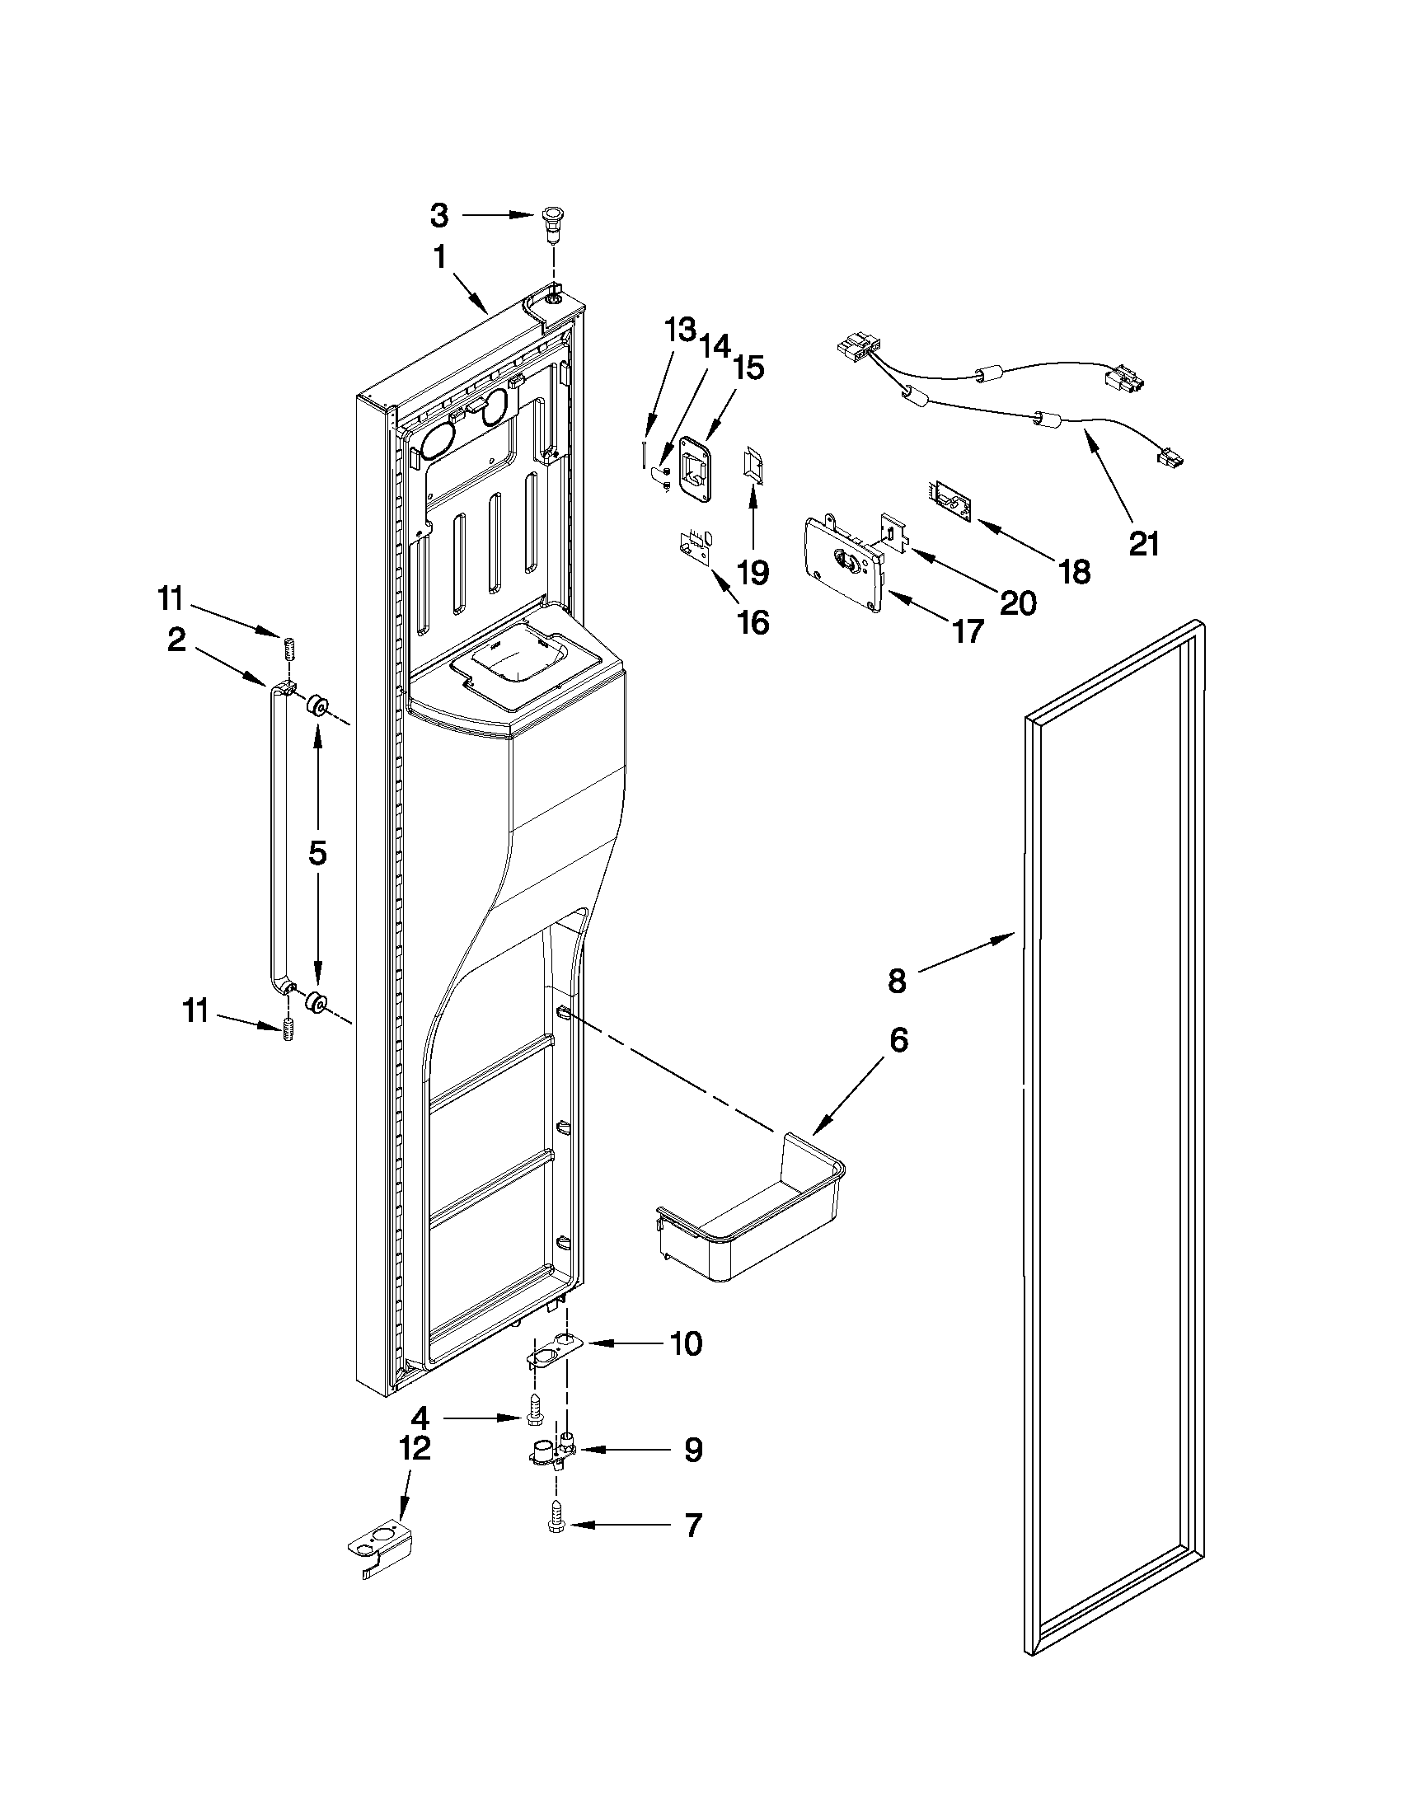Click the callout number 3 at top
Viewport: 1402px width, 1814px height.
(439, 216)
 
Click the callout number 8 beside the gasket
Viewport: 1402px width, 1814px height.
(897, 981)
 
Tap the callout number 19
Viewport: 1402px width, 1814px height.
(753, 572)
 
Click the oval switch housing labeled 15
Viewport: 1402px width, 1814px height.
(696, 469)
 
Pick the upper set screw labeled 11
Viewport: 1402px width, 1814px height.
(290, 647)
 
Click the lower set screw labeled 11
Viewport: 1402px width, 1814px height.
(290, 1030)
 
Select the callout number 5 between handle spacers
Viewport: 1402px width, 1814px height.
(318, 854)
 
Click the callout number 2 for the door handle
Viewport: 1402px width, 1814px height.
(177, 640)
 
